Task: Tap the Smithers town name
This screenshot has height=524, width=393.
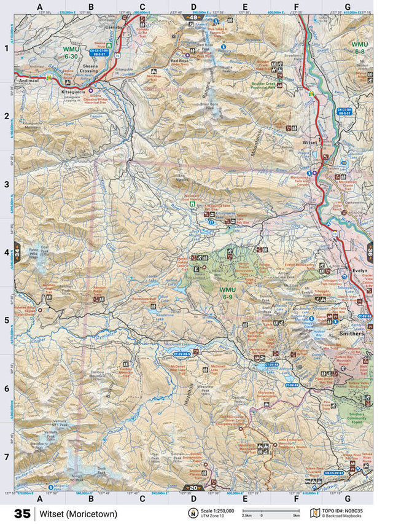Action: coord(351,334)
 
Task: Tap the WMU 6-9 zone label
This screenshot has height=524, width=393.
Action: coord(227,292)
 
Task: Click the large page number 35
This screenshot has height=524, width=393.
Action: coord(22,514)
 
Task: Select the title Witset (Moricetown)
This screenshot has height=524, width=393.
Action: coord(77,514)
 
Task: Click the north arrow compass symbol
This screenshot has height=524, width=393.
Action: coord(193,514)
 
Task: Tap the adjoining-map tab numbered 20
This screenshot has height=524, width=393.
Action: coord(193,488)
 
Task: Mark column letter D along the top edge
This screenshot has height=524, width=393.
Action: coord(193,7)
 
